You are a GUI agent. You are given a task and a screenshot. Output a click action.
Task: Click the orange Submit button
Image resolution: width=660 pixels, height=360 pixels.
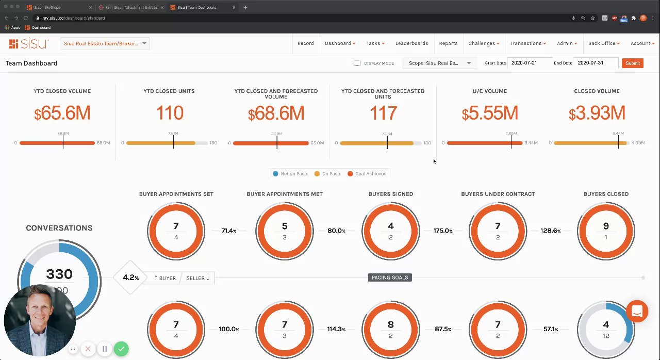tap(632, 63)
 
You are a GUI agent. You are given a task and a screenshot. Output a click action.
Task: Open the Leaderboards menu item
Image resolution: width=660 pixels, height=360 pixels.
tap(411, 43)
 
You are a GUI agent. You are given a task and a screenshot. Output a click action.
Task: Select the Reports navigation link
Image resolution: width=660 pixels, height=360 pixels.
tap(448, 43)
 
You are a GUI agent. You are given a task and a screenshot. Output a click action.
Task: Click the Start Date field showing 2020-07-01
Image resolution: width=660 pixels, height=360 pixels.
tap(529, 63)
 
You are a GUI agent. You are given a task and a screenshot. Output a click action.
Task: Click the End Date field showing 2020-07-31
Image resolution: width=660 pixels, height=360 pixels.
tap(597, 63)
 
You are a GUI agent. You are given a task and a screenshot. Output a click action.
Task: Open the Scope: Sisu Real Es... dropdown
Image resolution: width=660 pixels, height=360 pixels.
tap(439, 63)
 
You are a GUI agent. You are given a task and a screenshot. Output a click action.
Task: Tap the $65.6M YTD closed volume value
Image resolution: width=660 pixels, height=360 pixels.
tap(62, 113)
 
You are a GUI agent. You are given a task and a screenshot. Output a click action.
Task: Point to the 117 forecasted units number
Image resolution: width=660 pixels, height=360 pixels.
tap(383, 113)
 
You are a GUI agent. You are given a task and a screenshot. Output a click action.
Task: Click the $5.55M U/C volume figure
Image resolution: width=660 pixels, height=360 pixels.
tap(489, 113)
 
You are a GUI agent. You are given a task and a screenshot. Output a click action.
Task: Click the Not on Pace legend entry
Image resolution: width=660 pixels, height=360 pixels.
tap(290, 174)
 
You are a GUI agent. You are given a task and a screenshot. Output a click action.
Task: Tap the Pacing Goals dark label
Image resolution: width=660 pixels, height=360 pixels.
tap(390, 277)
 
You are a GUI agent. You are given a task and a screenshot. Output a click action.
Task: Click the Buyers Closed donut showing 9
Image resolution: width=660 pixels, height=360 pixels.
tap(606, 231)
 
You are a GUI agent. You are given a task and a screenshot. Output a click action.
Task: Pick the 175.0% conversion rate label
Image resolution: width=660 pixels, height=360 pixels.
tap(442, 231)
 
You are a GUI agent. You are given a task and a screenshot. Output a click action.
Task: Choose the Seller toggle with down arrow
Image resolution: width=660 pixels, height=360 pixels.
tap(197, 278)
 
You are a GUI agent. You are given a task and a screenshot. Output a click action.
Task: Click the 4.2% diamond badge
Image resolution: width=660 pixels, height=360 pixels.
tap(130, 277)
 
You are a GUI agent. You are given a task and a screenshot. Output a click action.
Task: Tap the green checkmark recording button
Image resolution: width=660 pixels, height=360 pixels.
tap(121, 349)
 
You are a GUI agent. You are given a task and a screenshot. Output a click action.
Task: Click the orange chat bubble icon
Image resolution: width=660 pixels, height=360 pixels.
tap(637, 312)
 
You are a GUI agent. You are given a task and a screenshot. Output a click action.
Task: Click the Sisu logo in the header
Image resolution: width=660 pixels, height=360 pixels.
tap(29, 43)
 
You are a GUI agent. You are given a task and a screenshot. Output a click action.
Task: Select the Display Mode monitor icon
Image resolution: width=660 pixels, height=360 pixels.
tap(357, 63)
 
